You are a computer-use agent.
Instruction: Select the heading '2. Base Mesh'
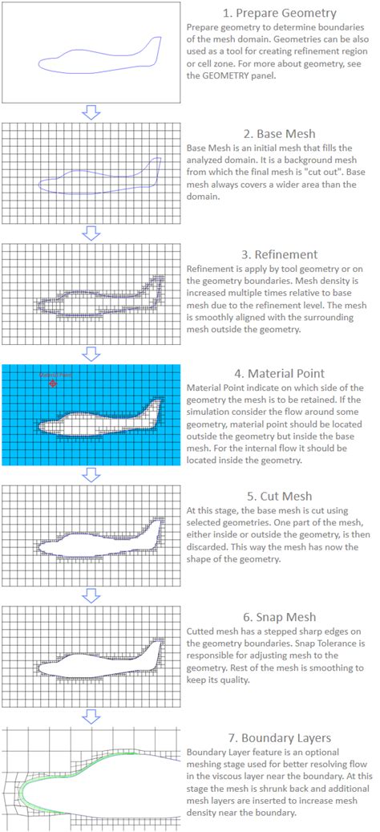coord(278,133)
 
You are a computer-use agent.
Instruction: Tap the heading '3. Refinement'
coord(278,254)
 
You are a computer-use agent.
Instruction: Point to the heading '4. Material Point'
coord(278,373)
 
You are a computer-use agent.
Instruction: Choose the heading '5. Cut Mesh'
coord(278,495)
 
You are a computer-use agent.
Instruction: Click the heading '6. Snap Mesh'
coord(278,617)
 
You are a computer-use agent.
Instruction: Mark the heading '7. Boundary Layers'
coord(278,737)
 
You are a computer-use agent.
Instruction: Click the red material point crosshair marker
coord(53,384)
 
